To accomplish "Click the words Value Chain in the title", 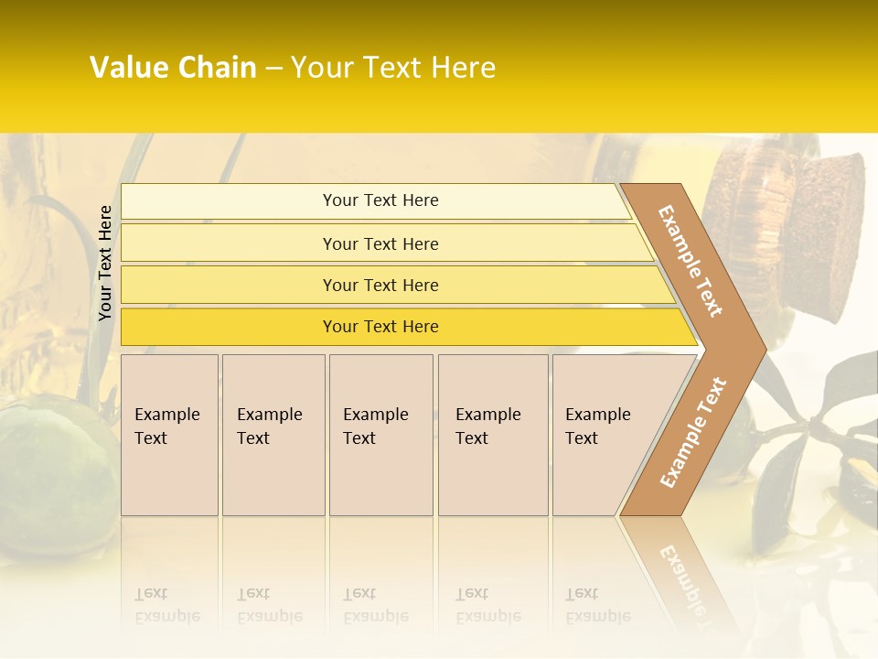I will [x=173, y=68].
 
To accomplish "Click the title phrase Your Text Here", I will [x=393, y=68].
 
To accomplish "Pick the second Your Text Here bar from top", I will [x=380, y=243].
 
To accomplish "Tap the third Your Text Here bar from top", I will [x=380, y=285].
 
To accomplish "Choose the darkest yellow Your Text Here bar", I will [x=380, y=327].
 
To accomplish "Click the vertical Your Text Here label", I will [x=105, y=263].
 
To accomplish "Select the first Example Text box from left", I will [x=169, y=435].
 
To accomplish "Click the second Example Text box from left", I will [x=273, y=435].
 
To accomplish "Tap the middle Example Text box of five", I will [x=380, y=435].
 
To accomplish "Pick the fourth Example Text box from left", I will [x=492, y=435].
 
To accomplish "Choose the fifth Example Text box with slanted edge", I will [x=604, y=435].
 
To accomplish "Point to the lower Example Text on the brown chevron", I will [x=693, y=432].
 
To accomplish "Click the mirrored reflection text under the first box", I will [x=166, y=605].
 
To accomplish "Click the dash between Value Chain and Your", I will [x=273, y=69].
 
